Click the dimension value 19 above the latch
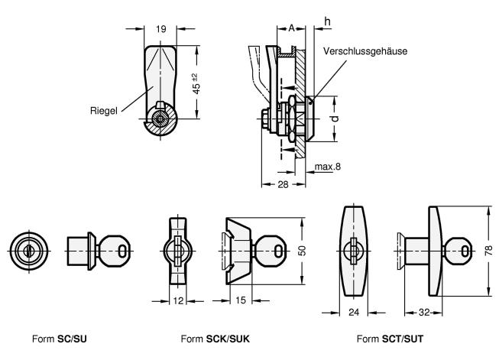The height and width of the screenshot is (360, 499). pos(161,29)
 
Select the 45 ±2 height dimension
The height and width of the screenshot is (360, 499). pos(196,84)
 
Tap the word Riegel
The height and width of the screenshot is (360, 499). pos(104,111)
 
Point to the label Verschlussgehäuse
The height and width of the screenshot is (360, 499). pos(365,51)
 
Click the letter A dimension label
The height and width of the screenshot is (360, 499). pos(291,28)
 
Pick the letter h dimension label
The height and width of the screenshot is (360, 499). pos(327,21)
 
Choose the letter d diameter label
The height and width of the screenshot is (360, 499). pos(335,119)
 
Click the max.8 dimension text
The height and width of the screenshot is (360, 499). pos(328,167)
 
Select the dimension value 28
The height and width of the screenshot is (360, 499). pos(283,184)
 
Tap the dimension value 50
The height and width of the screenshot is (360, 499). pos(303,251)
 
